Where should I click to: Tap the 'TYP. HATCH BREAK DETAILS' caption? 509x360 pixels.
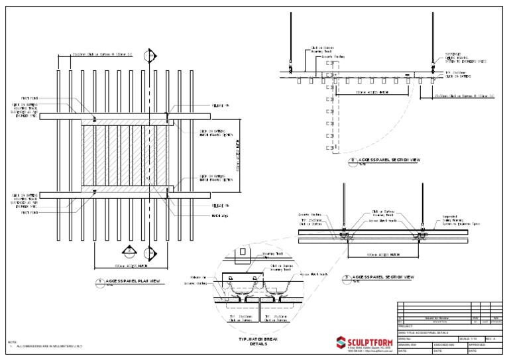point(256,341)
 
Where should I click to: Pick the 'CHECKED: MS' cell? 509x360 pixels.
point(449,345)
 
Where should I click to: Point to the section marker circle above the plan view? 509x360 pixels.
point(150,54)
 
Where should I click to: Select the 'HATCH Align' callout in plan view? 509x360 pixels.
point(219,215)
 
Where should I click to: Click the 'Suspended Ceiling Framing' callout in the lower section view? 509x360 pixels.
point(457,219)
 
